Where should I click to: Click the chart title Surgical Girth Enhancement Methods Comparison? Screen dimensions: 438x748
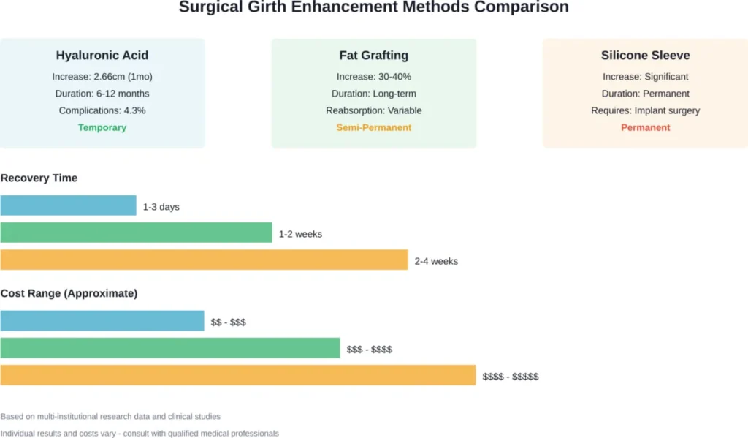[373, 8]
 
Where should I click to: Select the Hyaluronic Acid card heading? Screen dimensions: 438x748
[102, 56]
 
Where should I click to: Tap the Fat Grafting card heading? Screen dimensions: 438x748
[373, 56]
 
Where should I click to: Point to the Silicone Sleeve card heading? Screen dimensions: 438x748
[645, 56]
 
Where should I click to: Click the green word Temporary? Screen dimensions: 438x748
[102, 127]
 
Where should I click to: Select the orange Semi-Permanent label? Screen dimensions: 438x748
[373, 127]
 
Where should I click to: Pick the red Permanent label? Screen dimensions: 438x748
[645, 127]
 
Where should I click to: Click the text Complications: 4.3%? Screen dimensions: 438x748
[102, 110]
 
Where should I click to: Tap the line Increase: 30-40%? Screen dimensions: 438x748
[373, 77]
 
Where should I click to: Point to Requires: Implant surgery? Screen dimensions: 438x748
[645, 110]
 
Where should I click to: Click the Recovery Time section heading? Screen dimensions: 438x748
[39, 178]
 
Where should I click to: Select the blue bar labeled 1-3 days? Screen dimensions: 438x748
[68, 205]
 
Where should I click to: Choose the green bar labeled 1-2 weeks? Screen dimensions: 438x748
[136, 233]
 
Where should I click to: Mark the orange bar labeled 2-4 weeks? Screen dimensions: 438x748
[204, 260]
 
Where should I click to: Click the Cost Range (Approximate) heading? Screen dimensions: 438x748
[69, 293]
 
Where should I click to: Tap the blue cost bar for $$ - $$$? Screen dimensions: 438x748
[102, 321]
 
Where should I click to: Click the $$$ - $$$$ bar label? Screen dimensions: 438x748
[370, 350]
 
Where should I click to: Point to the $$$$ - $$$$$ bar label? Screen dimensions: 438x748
[511, 377]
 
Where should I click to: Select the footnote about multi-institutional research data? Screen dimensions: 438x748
[110, 416]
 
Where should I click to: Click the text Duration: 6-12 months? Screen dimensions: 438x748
[102, 94]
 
